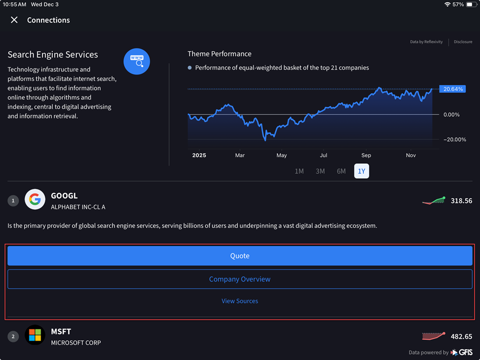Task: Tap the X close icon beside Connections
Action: pyautogui.click(x=14, y=20)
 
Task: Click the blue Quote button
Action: pyautogui.click(x=239, y=256)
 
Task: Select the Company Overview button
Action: pyautogui.click(x=239, y=279)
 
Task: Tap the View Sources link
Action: pyautogui.click(x=239, y=301)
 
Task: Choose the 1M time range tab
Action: pyautogui.click(x=299, y=171)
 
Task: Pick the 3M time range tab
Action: pyautogui.click(x=320, y=171)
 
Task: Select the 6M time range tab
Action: pyautogui.click(x=341, y=171)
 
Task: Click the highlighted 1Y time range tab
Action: pyautogui.click(x=362, y=171)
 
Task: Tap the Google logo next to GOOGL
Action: pyautogui.click(x=35, y=200)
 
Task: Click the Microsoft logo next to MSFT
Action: pyautogui.click(x=35, y=335)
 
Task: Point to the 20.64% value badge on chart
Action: pyautogui.click(x=453, y=89)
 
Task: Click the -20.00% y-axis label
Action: pyautogui.click(x=455, y=140)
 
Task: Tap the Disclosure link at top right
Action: pyautogui.click(x=463, y=42)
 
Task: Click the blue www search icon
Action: pyautogui.click(x=137, y=61)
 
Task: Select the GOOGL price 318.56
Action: pyautogui.click(x=461, y=201)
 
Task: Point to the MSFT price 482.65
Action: pyautogui.click(x=461, y=337)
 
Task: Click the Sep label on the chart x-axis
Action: pyautogui.click(x=366, y=155)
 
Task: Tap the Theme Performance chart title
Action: pyautogui.click(x=219, y=54)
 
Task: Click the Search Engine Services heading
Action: pyautogui.click(x=53, y=54)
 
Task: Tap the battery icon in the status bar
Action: pyautogui.click(x=470, y=4)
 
